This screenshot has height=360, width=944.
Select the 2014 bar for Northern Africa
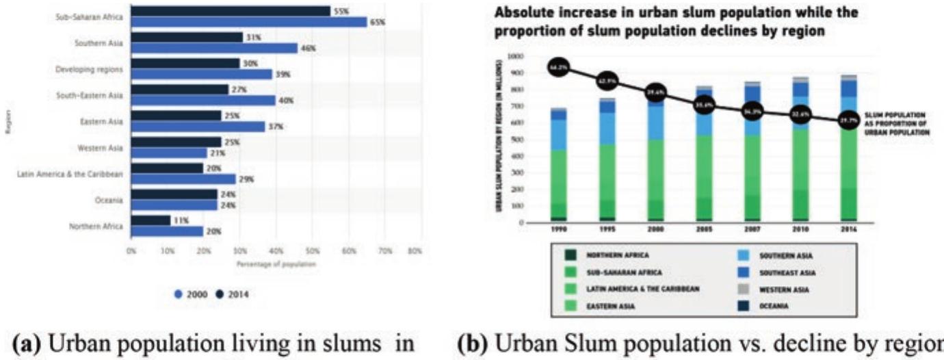(x=150, y=220)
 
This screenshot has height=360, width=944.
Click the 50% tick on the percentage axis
(x=312, y=252)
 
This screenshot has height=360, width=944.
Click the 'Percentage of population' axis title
(x=272, y=263)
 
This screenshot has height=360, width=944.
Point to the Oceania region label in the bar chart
(x=109, y=200)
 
